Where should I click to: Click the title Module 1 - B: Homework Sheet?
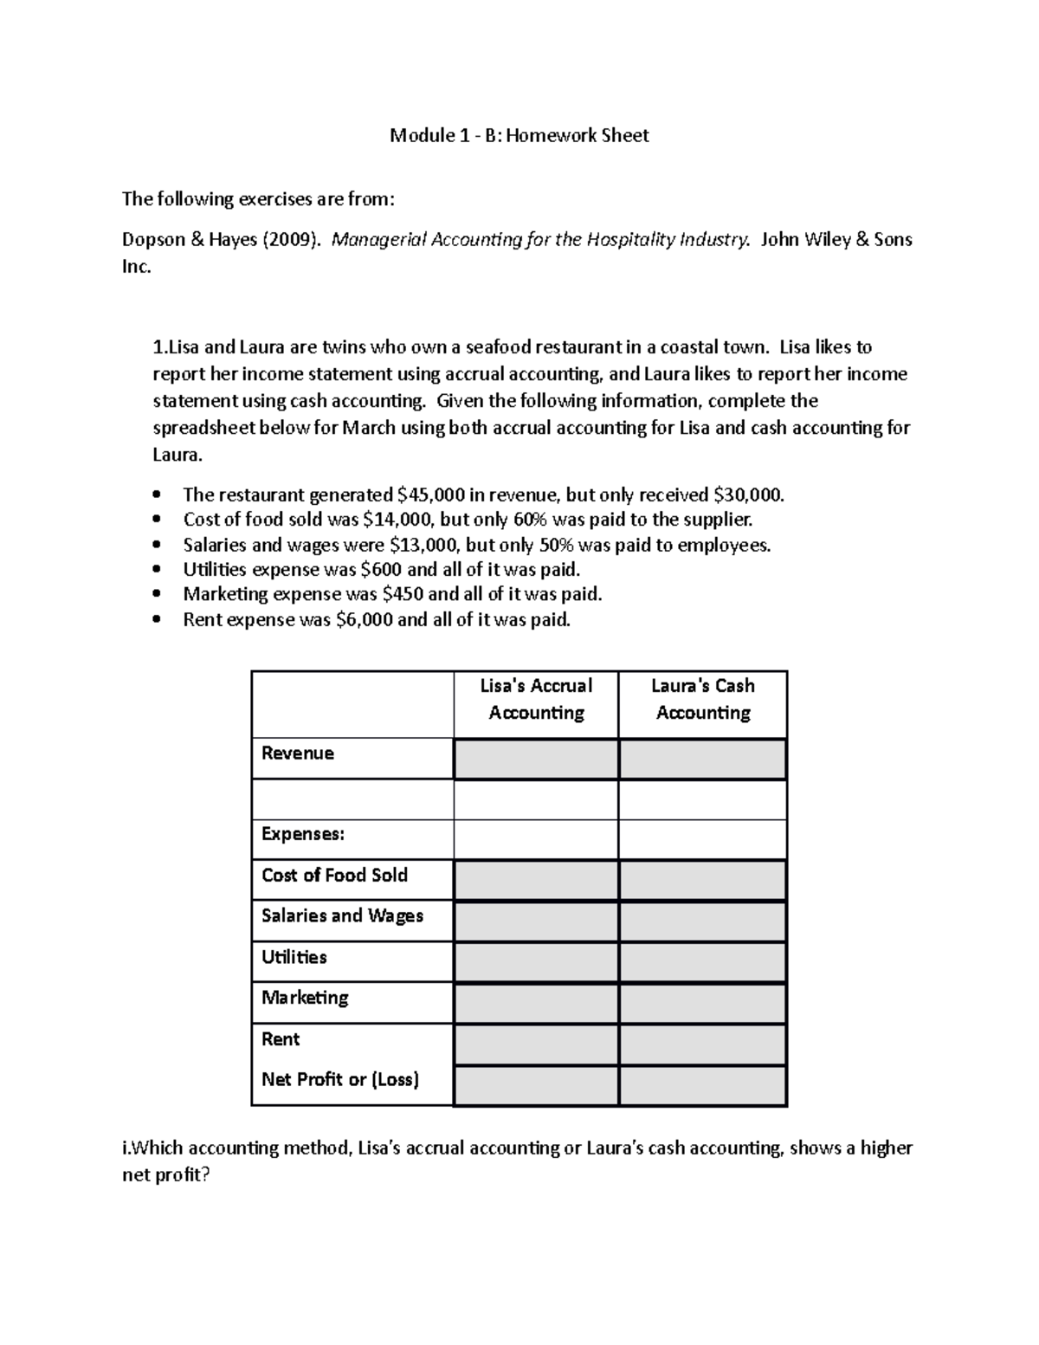click(519, 135)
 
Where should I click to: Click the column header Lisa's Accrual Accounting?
click(536, 699)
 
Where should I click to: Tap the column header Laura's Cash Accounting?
click(702, 699)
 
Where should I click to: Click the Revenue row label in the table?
click(298, 753)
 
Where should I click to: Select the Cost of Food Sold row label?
click(334, 876)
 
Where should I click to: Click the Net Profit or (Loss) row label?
click(339, 1080)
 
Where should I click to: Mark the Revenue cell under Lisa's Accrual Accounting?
click(536, 760)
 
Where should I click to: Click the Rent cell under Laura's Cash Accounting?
click(702, 1044)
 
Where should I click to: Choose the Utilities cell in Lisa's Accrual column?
click(536, 962)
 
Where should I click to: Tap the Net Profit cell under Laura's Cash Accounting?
click(702, 1085)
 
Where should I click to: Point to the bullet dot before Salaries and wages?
click(157, 545)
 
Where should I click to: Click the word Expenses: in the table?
click(303, 835)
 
